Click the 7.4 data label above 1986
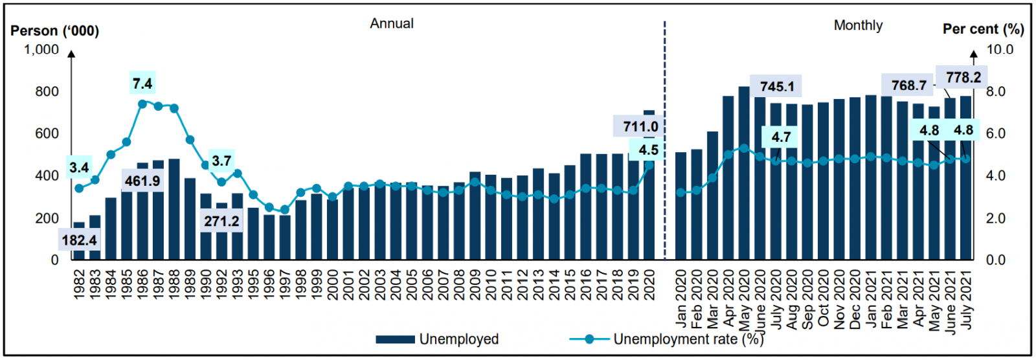[x=142, y=84]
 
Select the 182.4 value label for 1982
[x=79, y=241]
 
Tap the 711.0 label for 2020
[x=640, y=127]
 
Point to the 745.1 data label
[x=776, y=86]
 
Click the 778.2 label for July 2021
[x=963, y=77]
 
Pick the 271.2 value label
[x=221, y=221]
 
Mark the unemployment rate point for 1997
[x=285, y=210]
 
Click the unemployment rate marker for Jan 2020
[x=681, y=192]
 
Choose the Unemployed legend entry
[x=438, y=339]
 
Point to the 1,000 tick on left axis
[x=41, y=50]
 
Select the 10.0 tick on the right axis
[x=1000, y=50]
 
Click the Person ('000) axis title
[x=55, y=30]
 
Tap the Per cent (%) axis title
[x=983, y=29]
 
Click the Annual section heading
[x=392, y=23]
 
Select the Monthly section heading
[x=858, y=25]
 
